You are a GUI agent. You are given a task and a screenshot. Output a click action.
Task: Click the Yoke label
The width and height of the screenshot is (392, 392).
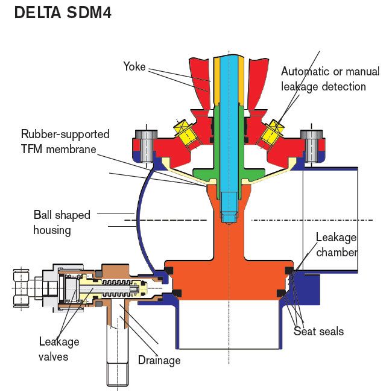[134, 66]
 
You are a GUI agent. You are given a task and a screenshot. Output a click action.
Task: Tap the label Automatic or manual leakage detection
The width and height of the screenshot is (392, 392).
[329, 79]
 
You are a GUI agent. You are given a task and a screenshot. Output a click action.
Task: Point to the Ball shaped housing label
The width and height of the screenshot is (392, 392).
[62, 223]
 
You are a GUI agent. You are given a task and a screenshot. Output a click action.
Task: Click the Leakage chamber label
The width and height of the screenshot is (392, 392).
[336, 244]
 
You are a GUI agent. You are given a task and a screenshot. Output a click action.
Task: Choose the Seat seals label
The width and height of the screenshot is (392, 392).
[318, 331]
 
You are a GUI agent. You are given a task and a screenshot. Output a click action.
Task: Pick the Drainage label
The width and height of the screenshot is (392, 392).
[159, 361]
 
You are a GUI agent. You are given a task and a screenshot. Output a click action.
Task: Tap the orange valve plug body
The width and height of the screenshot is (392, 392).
[229, 265]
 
